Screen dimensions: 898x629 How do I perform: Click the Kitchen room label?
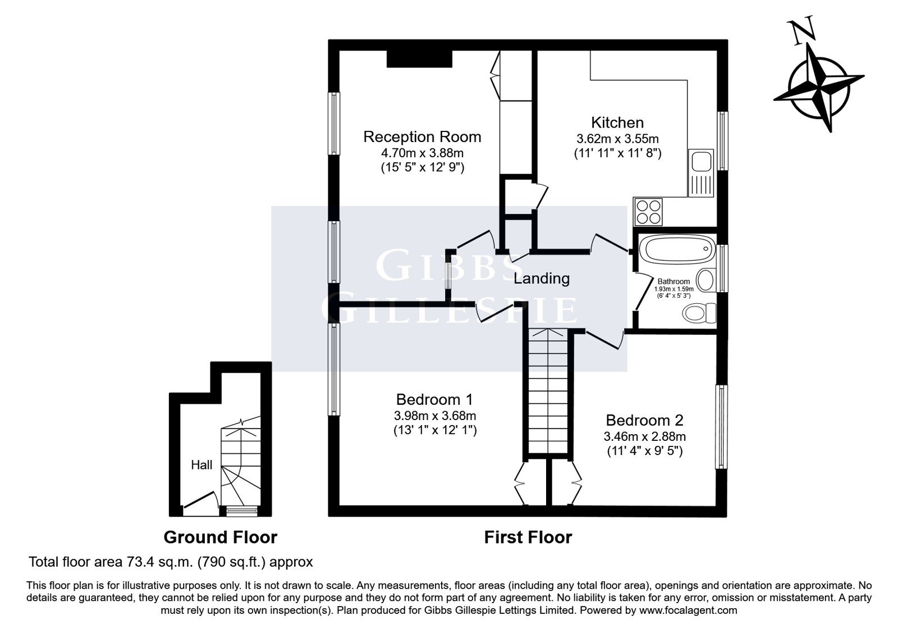pyautogui.click(x=617, y=122)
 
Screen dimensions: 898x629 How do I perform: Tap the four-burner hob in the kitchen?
pyautogui.click(x=648, y=211)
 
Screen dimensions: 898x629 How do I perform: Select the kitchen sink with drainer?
pyautogui.click(x=701, y=173)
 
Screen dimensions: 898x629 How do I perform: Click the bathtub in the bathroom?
pyautogui.click(x=677, y=249)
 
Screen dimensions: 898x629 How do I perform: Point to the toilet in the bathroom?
pyautogui.click(x=700, y=312)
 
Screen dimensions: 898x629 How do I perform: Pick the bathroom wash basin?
pyautogui.click(x=707, y=280)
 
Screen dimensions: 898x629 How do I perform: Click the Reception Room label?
pyautogui.click(x=422, y=137)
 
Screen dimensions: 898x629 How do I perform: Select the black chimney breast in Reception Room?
pyautogui.click(x=419, y=59)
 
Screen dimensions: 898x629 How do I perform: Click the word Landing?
pyautogui.click(x=542, y=279)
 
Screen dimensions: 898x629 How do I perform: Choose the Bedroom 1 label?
pyautogui.click(x=434, y=399)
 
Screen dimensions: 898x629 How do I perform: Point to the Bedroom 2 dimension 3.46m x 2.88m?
pyautogui.click(x=645, y=436)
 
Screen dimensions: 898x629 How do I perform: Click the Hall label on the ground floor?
pyautogui.click(x=201, y=465)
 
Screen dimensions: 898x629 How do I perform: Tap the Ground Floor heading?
pyautogui.click(x=221, y=537)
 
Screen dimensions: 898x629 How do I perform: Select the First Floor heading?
pyautogui.click(x=528, y=537)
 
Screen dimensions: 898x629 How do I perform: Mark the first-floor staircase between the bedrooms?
pyautogui.click(x=548, y=391)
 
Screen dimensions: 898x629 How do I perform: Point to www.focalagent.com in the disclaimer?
pyautogui.click(x=688, y=610)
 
